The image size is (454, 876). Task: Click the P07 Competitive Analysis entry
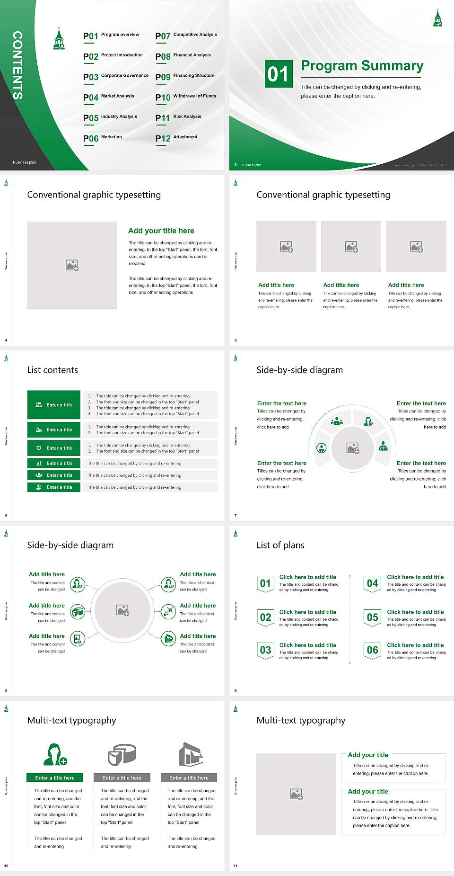click(x=186, y=36)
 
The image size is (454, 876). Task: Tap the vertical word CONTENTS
click(x=17, y=65)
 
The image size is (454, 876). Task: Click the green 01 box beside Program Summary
click(x=278, y=73)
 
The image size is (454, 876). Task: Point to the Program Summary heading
click(x=362, y=66)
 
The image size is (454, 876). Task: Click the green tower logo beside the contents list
click(x=59, y=39)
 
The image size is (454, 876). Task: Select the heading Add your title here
click(x=161, y=231)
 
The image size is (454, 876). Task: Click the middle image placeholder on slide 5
click(x=351, y=247)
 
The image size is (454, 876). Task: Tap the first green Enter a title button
click(x=54, y=405)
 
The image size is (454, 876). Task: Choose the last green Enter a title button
click(x=54, y=487)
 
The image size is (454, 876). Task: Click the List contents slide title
click(x=52, y=370)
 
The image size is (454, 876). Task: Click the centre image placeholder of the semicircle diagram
click(x=353, y=448)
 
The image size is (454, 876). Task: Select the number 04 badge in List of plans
click(x=373, y=583)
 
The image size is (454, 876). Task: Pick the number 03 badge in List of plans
click(x=265, y=650)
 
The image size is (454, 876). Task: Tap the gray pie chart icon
click(x=122, y=755)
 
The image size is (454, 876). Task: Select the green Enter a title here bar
click(x=55, y=778)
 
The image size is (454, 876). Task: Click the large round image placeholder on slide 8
click(x=123, y=610)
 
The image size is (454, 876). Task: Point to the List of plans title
click(x=280, y=545)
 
